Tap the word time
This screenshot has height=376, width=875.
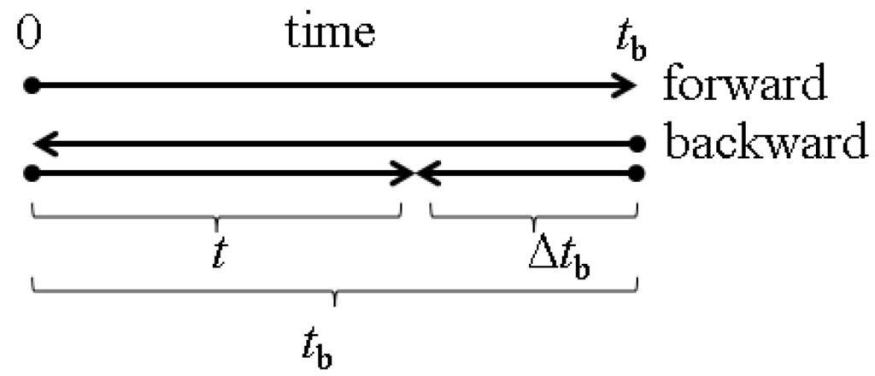pos(329,33)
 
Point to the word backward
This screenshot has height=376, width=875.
pos(766,143)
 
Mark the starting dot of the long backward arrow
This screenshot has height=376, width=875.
pos(635,144)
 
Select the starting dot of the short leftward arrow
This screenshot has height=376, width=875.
pos(635,173)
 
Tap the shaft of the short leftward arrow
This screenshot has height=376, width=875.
pos(530,173)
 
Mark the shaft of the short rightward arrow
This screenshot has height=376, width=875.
pos(214,173)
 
